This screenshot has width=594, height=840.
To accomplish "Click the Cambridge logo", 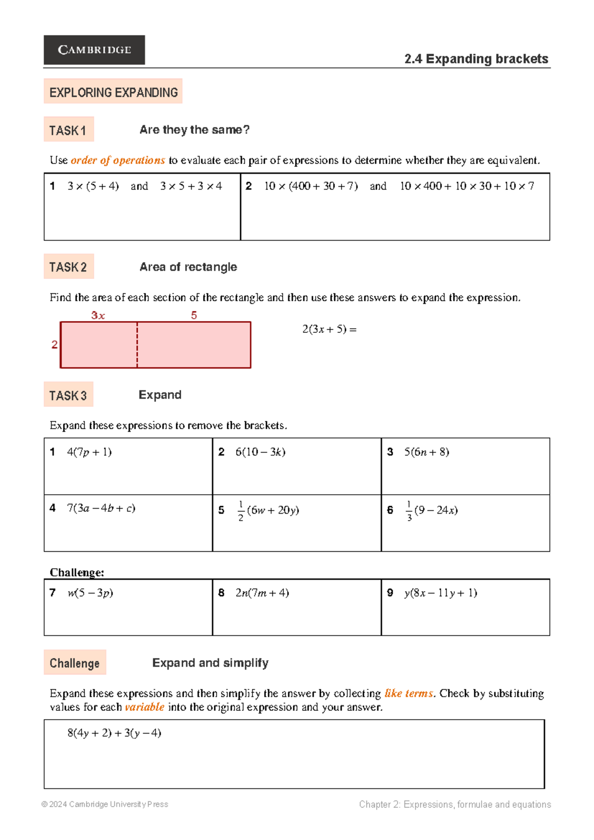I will (94, 50).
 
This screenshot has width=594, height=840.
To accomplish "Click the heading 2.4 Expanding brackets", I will (476, 59).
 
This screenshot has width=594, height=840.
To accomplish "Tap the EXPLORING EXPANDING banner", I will (113, 92).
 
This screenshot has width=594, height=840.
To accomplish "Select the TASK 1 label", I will (68, 130).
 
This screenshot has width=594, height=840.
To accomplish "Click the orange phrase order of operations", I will (118, 160).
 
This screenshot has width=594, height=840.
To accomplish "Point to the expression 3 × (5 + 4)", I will (93, 186).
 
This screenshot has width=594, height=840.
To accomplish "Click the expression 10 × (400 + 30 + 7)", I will (311, 186).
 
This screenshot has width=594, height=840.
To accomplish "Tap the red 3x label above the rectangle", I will (98, 315).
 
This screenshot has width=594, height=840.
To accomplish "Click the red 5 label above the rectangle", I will (194, 315).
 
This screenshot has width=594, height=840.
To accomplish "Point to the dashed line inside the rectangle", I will (137, 345).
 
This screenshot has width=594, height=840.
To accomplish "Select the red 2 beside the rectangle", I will (54, 345).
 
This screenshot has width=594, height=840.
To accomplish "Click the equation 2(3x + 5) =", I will (329, 329).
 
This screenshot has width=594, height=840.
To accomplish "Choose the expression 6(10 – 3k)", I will (260, 452).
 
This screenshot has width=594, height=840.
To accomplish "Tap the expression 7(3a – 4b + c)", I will (101, 508).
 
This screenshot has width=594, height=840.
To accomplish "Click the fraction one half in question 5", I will (241, 511).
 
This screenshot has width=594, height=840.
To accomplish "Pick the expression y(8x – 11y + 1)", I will (441, 593).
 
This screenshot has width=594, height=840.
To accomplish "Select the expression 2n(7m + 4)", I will (262, 593).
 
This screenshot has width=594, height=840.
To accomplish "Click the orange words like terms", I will (409, 693).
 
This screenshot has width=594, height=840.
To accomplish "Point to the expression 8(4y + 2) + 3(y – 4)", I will (114, 733).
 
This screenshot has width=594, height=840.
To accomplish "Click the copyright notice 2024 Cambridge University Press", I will (105, 804).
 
